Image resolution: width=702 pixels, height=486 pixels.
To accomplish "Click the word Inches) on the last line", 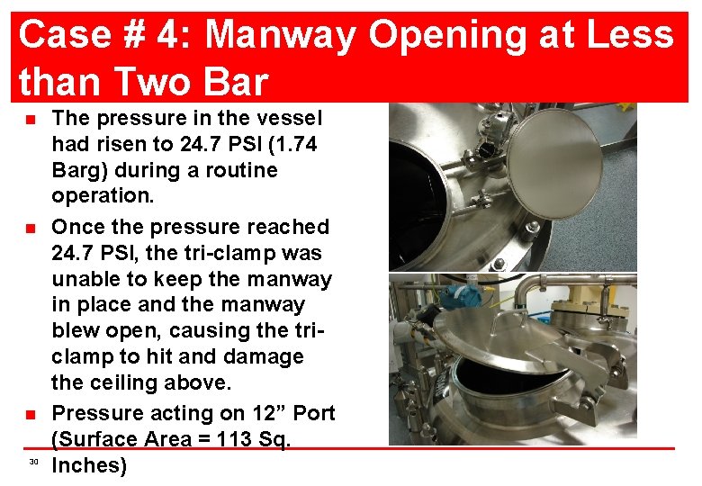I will (x=89, y=465).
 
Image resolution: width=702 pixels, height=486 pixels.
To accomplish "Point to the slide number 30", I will (x=33, y=462).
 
